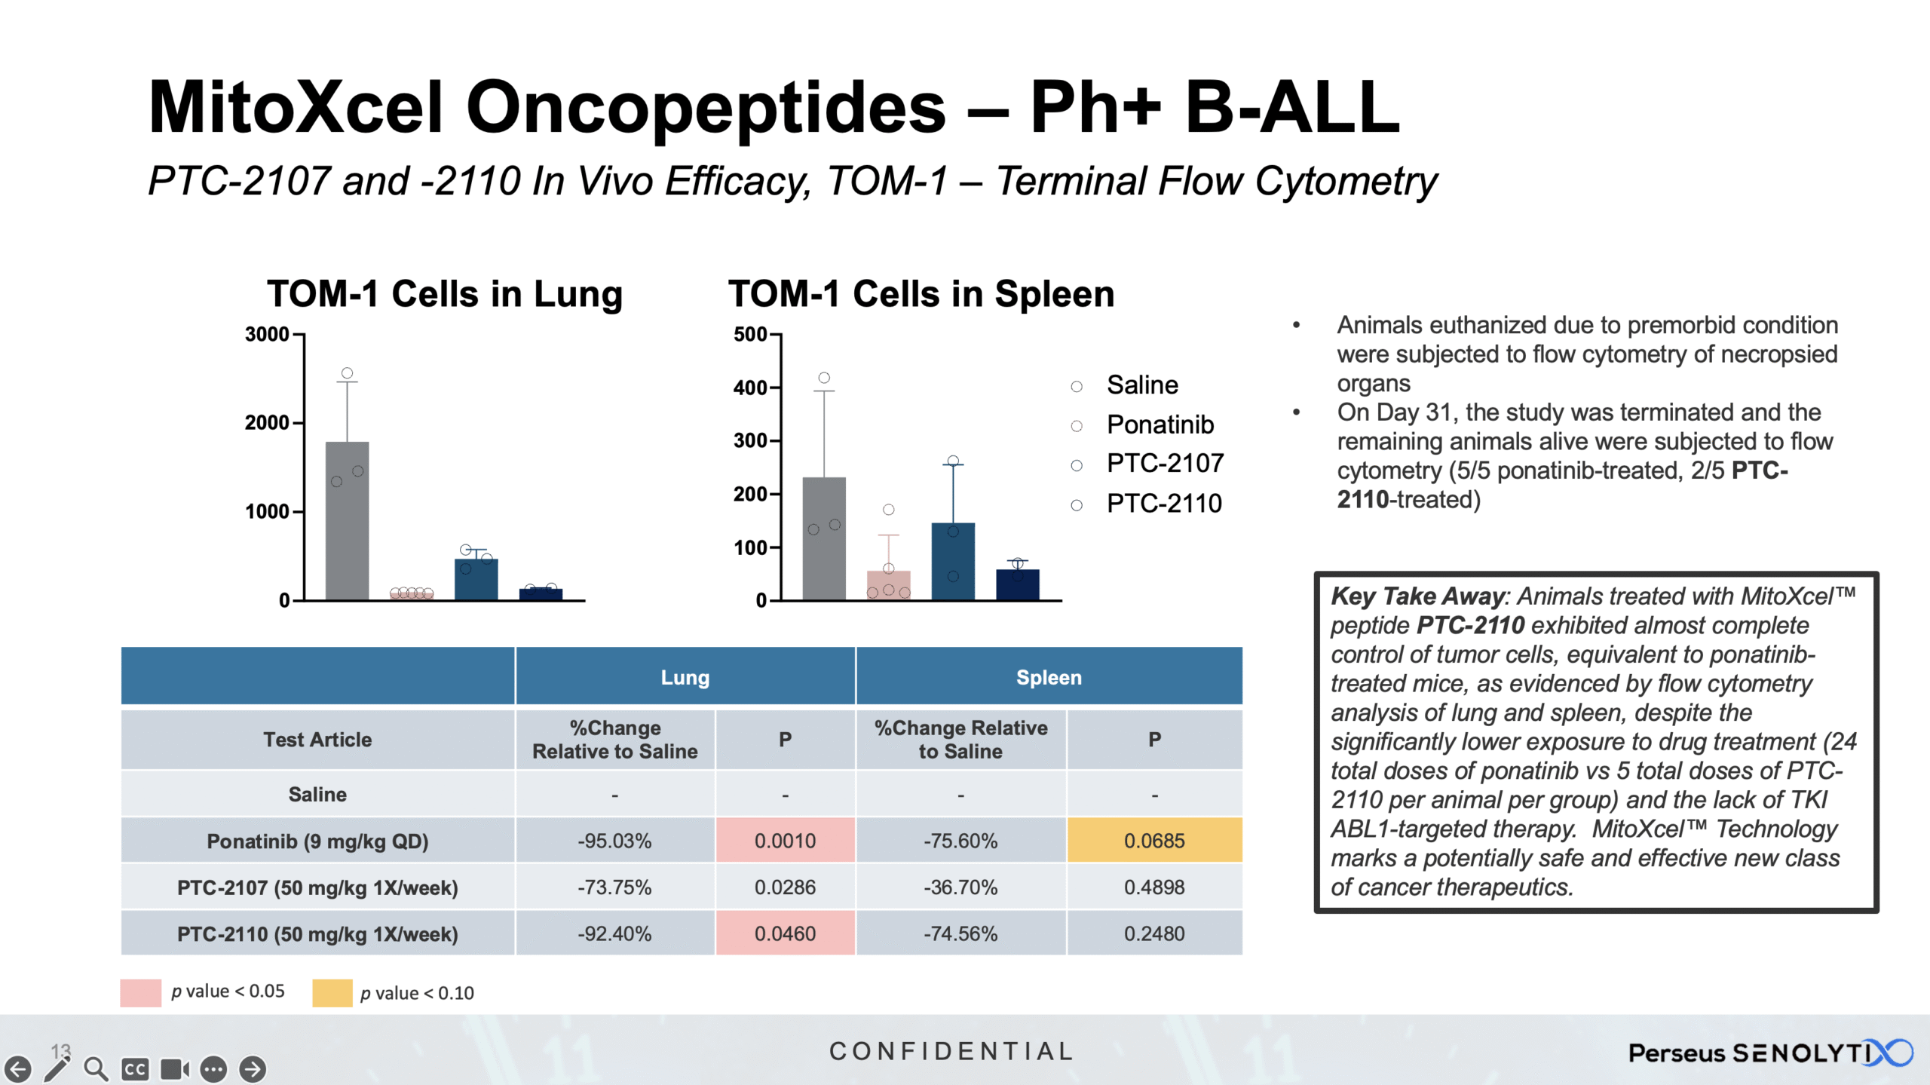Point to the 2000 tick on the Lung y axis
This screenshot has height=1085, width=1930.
[x=268, y=422]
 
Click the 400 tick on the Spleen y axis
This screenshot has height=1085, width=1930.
[x=750, y=388]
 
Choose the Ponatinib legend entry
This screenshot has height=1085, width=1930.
[x=1160, y=424]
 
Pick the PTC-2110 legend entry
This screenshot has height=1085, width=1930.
[x=1163, y=503]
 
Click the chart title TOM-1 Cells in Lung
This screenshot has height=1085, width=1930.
[x=445, y=293]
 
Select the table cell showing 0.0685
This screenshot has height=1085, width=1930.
[x=1153, y=840]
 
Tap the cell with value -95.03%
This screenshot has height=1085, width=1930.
[x=614, y=840]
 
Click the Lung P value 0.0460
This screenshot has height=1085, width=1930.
[x=785, y=933]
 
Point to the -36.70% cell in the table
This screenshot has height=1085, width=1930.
[x=960, y=887]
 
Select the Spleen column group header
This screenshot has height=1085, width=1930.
[x=1048, y=676]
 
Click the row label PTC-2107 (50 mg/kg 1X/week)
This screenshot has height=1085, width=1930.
[x=317, y=887]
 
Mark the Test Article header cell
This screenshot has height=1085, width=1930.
[x=317, y=739]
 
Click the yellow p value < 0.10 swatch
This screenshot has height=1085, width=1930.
[x=332, y=992]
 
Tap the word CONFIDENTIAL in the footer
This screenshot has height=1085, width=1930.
[x=951, y=1051]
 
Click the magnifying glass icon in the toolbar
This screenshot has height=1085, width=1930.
[x=96, y=1068]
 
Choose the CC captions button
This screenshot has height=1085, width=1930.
[x=135, y=1068]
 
